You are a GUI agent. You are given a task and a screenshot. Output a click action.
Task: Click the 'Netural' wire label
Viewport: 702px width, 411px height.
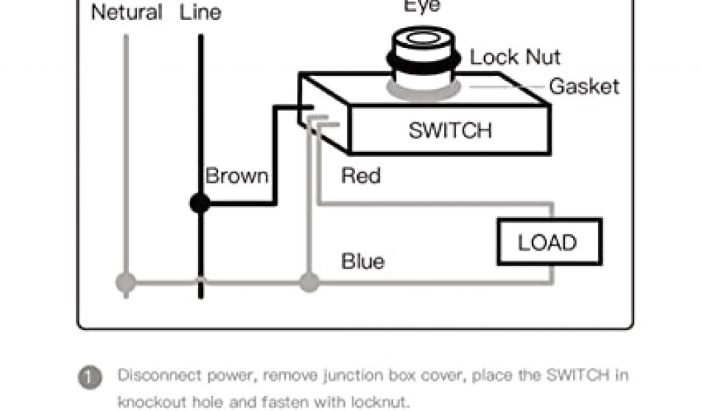click(x=126, y=12)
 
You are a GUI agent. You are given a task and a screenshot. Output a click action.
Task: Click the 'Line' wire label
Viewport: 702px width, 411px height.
click(x=200, y=12)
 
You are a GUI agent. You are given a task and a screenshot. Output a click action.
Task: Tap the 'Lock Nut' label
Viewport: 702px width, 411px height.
click(x=515, y=58)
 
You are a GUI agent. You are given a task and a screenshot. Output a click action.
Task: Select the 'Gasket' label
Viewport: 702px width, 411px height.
click(x=584, y=86)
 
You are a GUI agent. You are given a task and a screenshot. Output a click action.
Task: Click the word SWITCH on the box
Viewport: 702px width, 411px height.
click(x=450, y=130)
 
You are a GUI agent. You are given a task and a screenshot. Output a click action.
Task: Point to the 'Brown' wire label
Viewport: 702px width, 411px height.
click(x=237, y=176)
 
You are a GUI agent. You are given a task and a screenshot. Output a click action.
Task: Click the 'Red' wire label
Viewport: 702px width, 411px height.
click(x=361, y=176)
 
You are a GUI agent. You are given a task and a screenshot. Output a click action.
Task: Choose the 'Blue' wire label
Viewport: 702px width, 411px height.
click(x=363, y=261)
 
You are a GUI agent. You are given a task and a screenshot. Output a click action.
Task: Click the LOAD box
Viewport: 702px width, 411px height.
click(x=548, y=242)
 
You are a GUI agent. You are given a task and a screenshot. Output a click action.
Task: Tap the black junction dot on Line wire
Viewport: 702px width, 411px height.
click(x=199, y=203)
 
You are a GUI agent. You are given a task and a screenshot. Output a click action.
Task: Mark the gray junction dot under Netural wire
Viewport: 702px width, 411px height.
click(x=126, y=282)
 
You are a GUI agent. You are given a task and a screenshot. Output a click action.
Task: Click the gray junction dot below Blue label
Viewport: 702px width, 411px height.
click(x=309, y=282)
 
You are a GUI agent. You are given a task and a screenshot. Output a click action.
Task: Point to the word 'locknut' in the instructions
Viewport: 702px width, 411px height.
click(x=380, y=401)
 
